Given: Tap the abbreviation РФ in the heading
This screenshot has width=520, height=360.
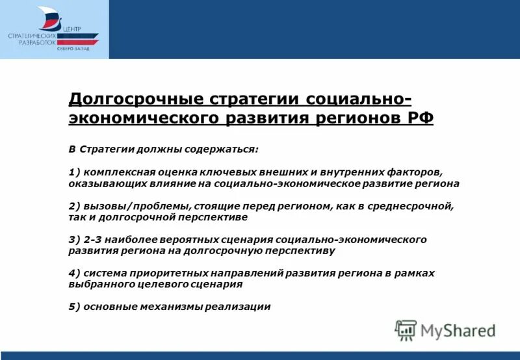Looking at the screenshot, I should pos(419,118).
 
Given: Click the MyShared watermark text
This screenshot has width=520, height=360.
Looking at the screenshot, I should pos(458,331).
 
